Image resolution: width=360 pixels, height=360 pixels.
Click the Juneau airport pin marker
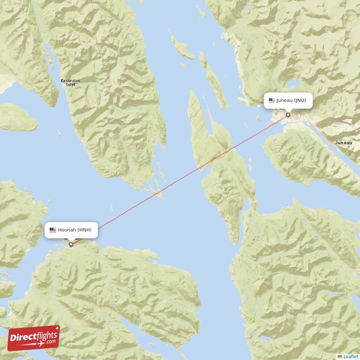pyautogui.click(x=288, y=115)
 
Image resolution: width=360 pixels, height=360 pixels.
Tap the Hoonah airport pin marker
pyautogui.click(x=71, y=244)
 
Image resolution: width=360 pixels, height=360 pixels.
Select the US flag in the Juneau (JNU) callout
pyautogui.click(x=271, y=100)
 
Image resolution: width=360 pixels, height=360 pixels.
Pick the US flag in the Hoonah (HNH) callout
pyautogui.click(x=53, y=230)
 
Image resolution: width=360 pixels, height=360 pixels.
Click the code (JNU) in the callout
pyautogui.click(x=300, y=100)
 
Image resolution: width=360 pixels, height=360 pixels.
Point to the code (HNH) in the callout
pyautogui.click(x=84, y=230)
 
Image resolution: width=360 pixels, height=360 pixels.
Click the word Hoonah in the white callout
pyautogui.click(x=67, y=230)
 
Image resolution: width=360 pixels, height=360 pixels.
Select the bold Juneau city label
pyautogui.click(x=343, y=143)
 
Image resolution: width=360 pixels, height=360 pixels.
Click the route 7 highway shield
pyautogui.click(x=298, y=116)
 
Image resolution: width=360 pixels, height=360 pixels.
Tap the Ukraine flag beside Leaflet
pyautogui.click(x=340, y=356)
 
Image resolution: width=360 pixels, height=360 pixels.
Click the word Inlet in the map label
pyautogui.click(x=71, y=85)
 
